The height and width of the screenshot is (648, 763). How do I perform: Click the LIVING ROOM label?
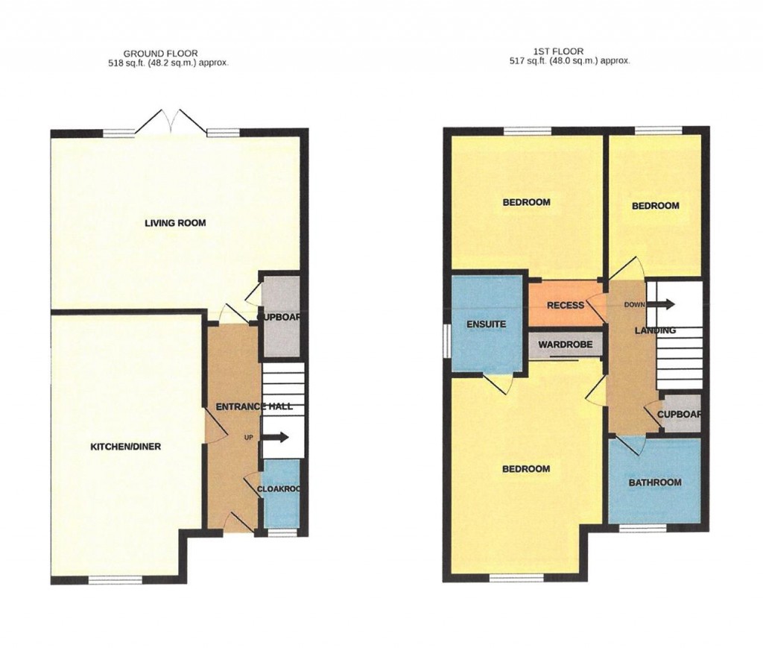[175, 223]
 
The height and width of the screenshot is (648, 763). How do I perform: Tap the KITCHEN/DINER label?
[125, 447]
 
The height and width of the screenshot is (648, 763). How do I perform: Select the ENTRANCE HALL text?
[254, 407]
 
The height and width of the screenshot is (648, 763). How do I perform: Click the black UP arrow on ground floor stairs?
[276, 438]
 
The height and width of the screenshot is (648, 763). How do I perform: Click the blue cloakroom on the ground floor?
[280, 492]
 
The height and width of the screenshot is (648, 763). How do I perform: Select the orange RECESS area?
[565, 305]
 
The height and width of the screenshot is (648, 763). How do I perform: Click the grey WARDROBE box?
[566, 345]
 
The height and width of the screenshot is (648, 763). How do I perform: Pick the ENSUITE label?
[486, 324]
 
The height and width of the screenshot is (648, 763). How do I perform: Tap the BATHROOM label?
[655, 482]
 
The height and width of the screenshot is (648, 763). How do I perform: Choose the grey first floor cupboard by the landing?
[681, 415]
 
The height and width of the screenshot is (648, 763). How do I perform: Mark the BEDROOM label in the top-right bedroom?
[655, 206]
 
